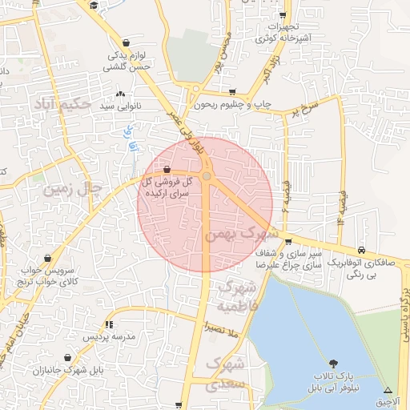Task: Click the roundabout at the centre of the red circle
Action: coord(206,176)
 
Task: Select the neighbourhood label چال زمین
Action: coord(74,190)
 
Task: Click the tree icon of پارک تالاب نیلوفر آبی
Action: coord(333,364)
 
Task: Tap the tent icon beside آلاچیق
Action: coord(388,390)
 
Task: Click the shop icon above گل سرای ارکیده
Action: coord(167,170)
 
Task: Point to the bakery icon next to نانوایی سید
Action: coord(120,95)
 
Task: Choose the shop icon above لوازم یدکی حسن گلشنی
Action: coord(126,43)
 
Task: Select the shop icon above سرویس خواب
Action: coord(49,258)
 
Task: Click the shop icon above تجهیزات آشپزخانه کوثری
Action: coord(282,15)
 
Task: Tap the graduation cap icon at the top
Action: coord(94,6)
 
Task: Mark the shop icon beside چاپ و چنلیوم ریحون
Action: coord(232,92)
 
